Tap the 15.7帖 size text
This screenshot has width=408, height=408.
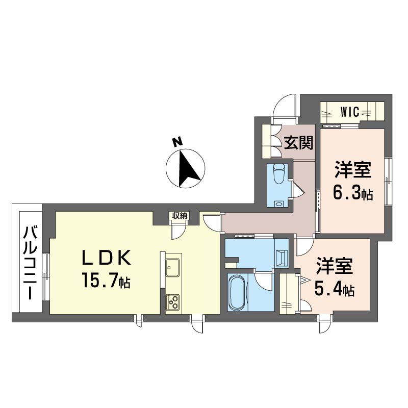tap(105, 280)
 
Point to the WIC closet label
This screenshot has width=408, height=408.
tap(351, 111)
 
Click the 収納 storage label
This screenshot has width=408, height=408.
tap(178, 216)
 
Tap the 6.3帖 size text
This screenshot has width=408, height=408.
tap(353, 192)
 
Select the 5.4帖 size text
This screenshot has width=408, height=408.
tap(334, 290)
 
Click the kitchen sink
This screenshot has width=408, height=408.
tap(171, 266)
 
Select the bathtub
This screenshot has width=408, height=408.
tap(237, 292)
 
